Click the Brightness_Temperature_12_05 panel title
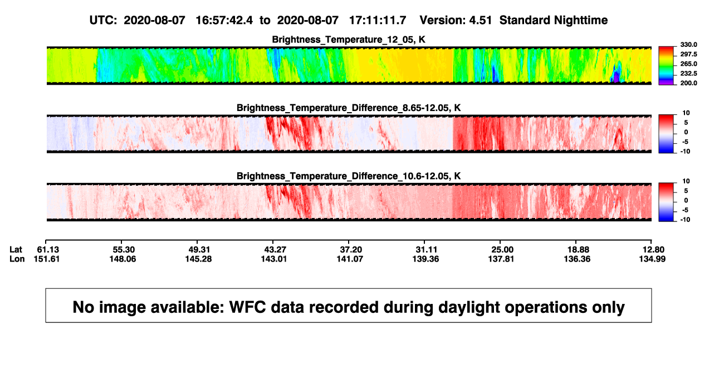coord(349,40)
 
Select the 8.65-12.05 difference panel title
coord(349,108)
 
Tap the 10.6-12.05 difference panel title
coord(349,176)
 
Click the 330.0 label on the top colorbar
coord(688,45)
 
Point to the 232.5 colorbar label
coord(688,74)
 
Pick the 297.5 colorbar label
coord(688,55)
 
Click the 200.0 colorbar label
coord(688,83)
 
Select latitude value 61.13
coord(48,250)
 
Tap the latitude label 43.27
coord(275,250)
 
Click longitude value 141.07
coord(350,259)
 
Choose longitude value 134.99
coord(652,259)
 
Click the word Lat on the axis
coord(16,250)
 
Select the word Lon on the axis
coord(17,259)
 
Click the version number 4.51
coord(480,21)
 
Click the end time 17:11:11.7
coord(378,21)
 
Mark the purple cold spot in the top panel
coord(617,76)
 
